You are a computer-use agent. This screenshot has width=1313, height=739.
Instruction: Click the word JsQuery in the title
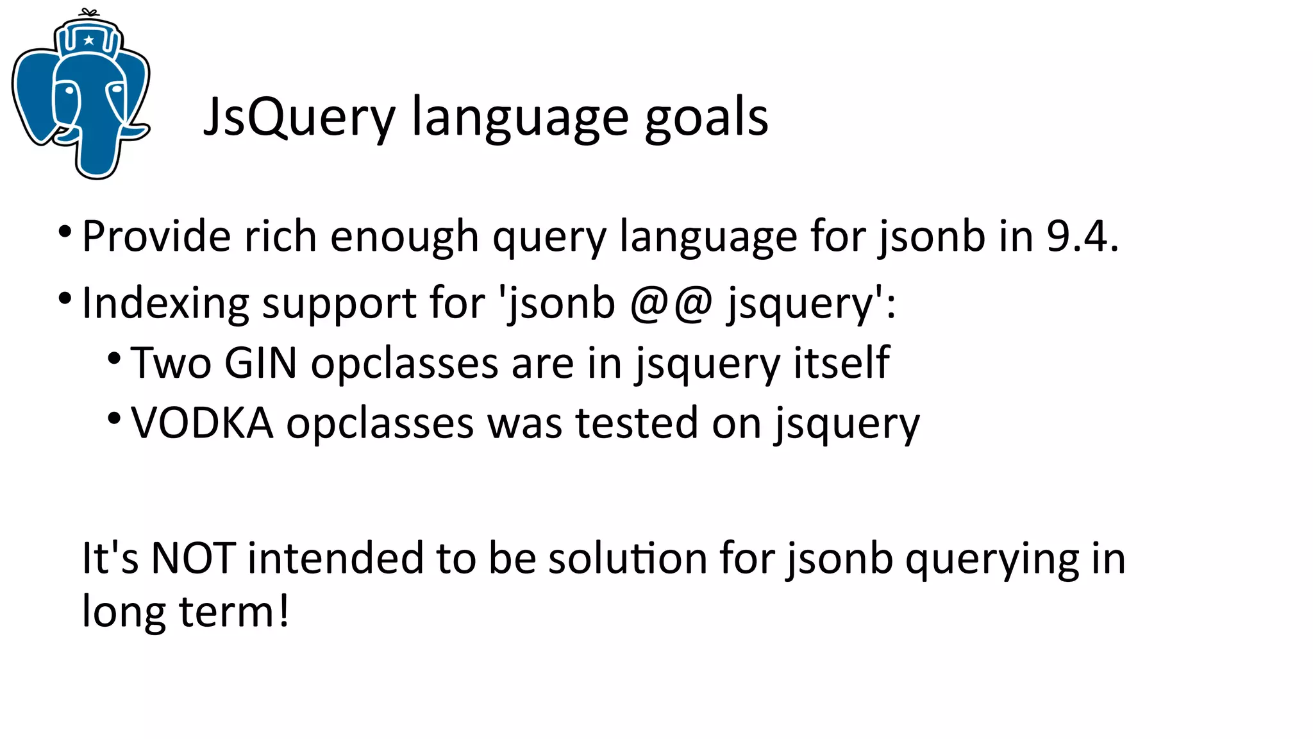[299, 117]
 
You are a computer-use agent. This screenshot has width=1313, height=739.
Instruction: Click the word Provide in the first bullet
[156, 236]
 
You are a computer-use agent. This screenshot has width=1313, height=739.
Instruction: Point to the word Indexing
[165, 303]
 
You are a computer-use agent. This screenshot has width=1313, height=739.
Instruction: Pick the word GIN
[261, 363]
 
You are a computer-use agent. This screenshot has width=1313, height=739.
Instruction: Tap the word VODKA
[202, 423]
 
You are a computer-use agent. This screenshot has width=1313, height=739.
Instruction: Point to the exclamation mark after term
[283, 611]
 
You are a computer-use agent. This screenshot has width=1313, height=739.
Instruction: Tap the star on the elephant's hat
[89, 40]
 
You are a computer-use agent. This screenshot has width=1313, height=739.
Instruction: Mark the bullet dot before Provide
[65, 231]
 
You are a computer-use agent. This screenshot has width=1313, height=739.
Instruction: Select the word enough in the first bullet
[404, 236]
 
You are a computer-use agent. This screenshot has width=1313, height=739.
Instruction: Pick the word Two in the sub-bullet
[171, 363]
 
